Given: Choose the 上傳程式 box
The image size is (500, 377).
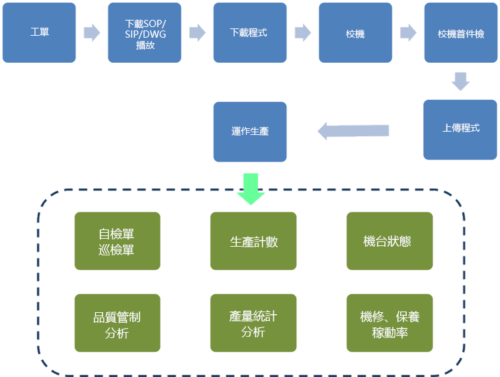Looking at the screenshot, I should click(x=461, y=130).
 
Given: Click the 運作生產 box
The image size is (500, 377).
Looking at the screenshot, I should click(x=250, y=131).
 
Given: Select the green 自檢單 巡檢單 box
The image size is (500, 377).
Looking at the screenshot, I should click(x=118, y=241).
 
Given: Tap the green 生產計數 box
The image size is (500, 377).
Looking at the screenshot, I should click(x=254, y=241).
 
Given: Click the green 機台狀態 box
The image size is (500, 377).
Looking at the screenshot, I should click(x=390, y=241).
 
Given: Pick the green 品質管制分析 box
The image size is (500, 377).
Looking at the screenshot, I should click(x=118, y=324).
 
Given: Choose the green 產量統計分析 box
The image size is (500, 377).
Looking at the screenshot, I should click(x=254, y=324).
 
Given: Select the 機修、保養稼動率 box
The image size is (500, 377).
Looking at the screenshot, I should click(x=390, y=324).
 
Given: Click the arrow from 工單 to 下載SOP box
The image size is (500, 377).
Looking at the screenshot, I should click(x=92, y=32).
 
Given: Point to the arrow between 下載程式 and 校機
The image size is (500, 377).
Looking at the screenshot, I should click(x=303, y=32).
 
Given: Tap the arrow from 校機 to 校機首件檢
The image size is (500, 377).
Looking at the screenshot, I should click(x=408, y=32).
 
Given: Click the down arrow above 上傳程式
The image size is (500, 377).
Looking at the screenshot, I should click(x=460, y=81).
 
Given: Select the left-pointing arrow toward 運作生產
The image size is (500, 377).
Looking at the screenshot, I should click(x=353, y=131).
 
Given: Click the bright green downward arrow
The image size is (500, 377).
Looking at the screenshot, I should click(x=251, y=188).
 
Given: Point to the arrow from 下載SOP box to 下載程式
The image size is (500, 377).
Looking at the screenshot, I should click(x=197, y=32).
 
